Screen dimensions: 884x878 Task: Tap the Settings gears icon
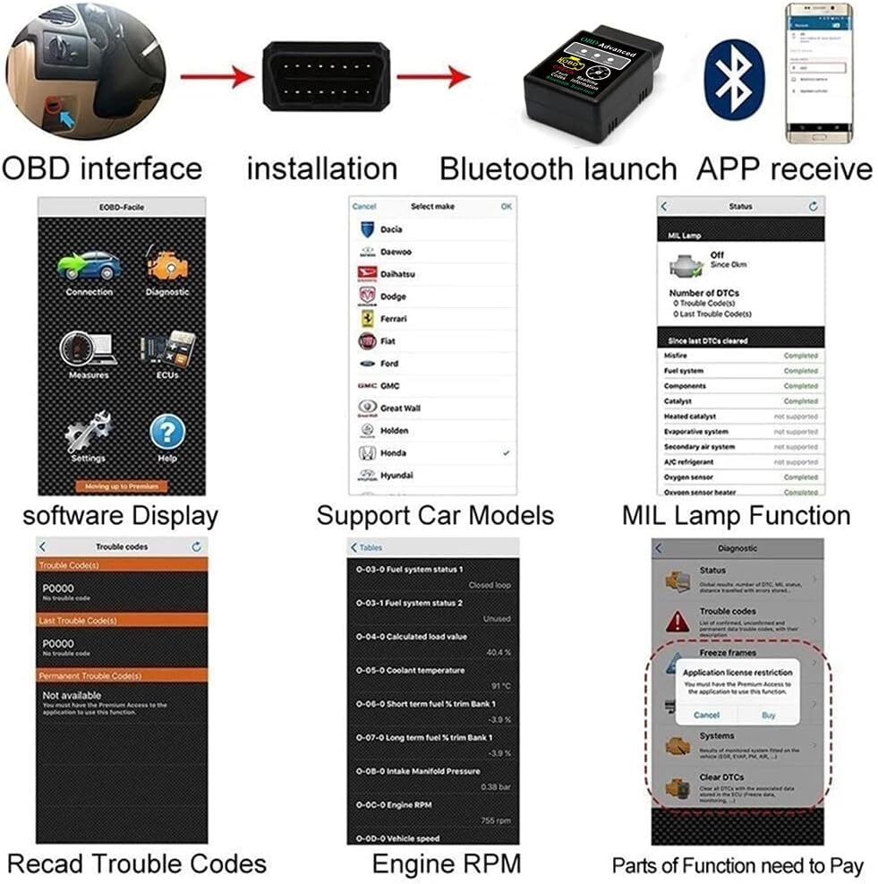[x=88, y=433]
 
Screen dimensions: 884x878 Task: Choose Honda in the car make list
[x=393, y=453]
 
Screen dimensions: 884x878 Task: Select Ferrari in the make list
[x=393, y=319]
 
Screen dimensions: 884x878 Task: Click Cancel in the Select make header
[x=364, y=207]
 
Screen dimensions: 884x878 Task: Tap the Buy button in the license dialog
[x=768, y=715]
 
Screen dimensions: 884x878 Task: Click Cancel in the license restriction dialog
[x=706, y=715]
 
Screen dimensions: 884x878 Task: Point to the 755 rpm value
[x=496, y=820]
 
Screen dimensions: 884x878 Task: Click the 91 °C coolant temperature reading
[x=499, y=686]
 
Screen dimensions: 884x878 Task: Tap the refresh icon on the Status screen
[x=813, y=207]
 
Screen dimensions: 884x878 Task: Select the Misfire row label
[x=677, y=356]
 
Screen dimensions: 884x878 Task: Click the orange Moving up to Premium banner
[x=122, y=486]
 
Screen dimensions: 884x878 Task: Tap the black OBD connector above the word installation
[x=324, y=75]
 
